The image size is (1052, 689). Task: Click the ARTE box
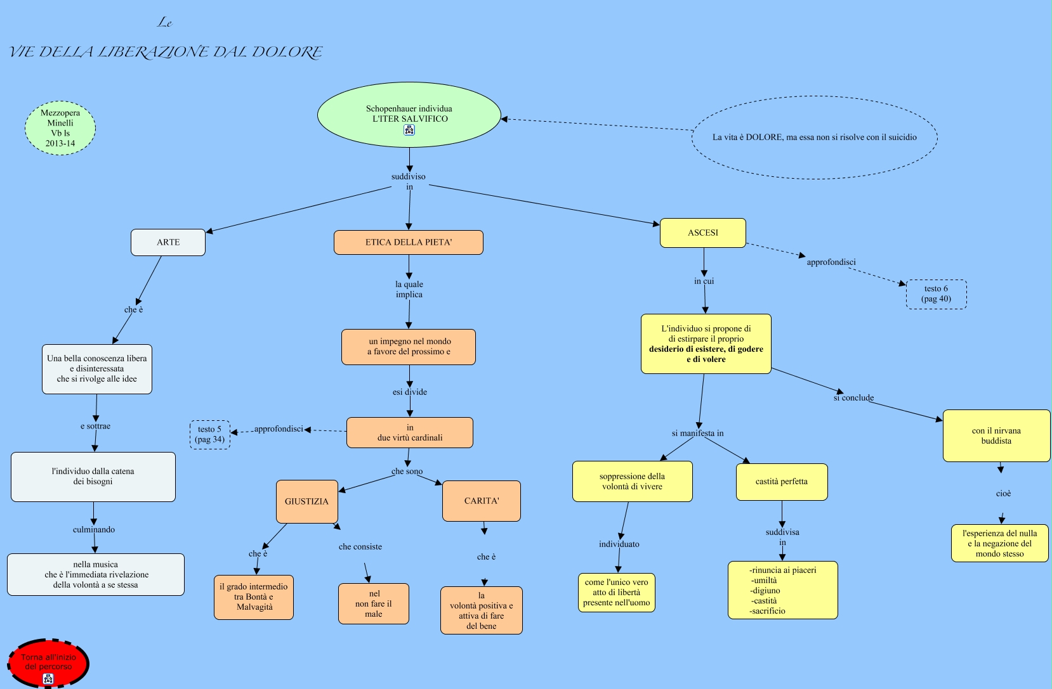[168, 242]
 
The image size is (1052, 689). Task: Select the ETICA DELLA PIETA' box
[408, 242]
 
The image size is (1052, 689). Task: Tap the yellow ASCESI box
[702, 233]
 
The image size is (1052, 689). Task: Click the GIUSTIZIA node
[306, 501]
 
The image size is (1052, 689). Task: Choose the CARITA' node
[481, 501]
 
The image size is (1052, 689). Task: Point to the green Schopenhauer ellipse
[409, 114]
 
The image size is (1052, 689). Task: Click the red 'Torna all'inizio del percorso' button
[48, 663]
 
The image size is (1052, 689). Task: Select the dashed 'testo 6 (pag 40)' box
[936, 294]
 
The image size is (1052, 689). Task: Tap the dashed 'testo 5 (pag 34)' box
[209, 434]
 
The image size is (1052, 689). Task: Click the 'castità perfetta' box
[782, 482]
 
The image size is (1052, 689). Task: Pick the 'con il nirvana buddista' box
[996, 435]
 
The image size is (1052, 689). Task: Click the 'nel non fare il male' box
[373, 603]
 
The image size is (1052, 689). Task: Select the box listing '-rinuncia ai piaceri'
[782, 590]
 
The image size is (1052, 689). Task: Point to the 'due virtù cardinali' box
[409, 432]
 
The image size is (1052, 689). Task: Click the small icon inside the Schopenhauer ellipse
[409, 130]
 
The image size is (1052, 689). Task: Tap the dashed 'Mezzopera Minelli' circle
[60, 128]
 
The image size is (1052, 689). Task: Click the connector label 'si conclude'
[853, 398]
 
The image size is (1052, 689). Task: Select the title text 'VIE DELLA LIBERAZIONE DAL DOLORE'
[166, 52]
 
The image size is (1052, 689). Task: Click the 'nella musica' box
[95, 574]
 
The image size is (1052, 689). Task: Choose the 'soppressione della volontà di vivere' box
[632, 481]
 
